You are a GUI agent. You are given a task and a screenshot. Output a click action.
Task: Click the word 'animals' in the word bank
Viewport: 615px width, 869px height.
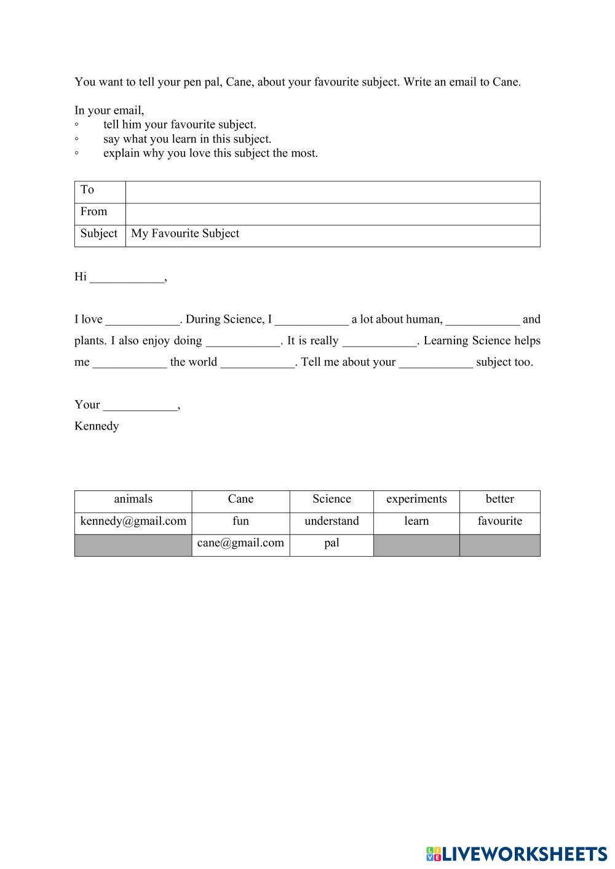pos(133,499)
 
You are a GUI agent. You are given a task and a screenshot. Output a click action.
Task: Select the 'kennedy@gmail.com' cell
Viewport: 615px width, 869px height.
pos(133,521)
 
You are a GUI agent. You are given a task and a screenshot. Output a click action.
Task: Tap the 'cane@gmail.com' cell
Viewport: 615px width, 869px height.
pos(240,543)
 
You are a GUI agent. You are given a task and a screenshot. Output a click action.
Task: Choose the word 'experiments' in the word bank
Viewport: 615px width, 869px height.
pos(416,499)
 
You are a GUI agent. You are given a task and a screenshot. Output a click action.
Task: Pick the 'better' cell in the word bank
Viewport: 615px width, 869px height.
pos(499,499)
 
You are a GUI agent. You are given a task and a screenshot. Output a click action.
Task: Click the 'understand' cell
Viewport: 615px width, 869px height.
pos(331,521)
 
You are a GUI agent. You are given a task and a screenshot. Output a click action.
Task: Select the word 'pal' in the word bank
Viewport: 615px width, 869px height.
pos(331,543)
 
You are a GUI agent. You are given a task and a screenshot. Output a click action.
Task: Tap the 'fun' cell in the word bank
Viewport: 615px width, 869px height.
pos(240,521)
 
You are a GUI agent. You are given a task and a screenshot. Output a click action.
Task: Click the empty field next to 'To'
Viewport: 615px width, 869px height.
pos(332,192)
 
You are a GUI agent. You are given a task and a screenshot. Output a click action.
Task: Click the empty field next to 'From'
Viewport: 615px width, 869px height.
pos(332,214)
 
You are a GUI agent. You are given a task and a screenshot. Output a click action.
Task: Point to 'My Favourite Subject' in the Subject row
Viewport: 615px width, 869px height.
pos(185,234)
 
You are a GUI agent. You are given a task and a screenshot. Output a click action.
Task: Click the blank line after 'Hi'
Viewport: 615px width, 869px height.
pos(127,278)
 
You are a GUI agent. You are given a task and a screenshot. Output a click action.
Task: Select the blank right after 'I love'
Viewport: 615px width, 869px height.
pos(142,320)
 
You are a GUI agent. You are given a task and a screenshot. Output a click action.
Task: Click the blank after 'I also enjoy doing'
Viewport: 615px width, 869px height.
pos(242,342)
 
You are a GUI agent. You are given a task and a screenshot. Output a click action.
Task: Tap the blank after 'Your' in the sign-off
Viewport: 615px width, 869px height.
pos(140,406)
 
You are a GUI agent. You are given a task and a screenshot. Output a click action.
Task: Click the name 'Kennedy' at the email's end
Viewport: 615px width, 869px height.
pos(97,426)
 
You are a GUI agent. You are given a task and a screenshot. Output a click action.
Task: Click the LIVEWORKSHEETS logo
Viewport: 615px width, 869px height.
pos(517,854)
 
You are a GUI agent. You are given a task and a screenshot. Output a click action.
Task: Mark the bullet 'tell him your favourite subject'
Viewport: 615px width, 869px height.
pos(180,125)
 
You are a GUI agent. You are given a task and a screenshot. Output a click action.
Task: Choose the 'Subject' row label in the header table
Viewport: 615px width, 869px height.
pos(98,234)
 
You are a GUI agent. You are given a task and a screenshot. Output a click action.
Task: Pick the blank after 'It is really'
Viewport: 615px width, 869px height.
pos(379,342)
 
